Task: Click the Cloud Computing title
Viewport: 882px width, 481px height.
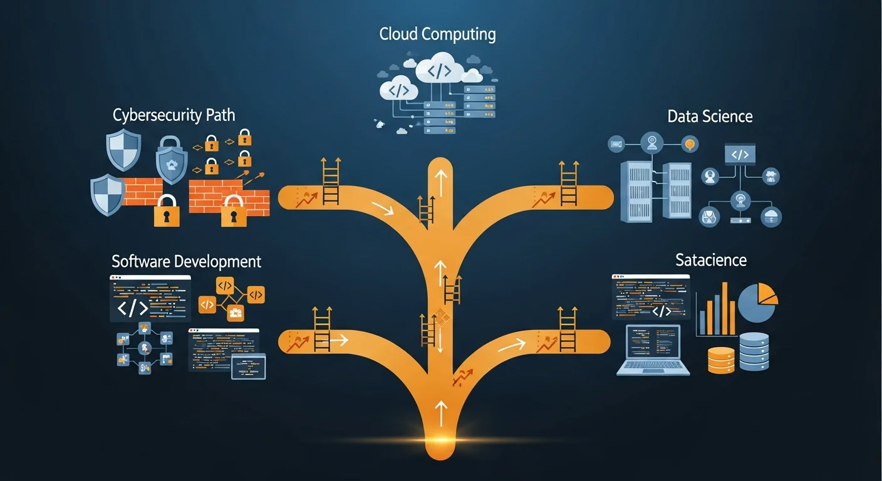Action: pos(437,34)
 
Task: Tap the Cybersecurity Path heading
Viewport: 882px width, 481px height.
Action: pos(174,115)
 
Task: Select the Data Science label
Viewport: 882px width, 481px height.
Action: pos(710,116)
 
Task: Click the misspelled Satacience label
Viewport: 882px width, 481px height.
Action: pos(710,259)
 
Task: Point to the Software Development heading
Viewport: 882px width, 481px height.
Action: pos(186,261)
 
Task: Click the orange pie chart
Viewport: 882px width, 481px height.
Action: pos(758,301)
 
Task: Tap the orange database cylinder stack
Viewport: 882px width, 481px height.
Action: pos(721,360)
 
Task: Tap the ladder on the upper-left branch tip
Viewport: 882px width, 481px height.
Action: pos(330,182)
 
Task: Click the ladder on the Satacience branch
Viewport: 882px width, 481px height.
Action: pos(568,329)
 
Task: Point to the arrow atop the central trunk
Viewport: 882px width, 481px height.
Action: pos(442,181)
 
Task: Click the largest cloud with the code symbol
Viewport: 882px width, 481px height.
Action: pos(439,70)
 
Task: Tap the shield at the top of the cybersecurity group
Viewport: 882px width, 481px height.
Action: pos(123,148)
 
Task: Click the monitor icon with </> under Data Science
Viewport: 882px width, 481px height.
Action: pos(740,154)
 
